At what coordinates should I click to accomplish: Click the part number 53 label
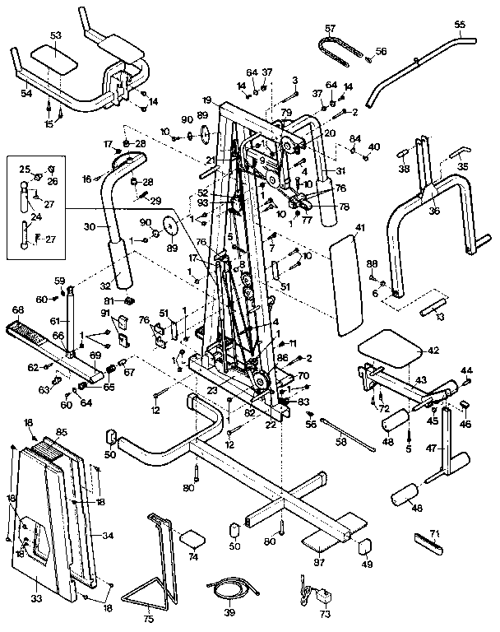tap(56, 35)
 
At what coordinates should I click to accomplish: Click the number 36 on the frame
tap(434, 210)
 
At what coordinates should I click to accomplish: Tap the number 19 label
tap(206, 98)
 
